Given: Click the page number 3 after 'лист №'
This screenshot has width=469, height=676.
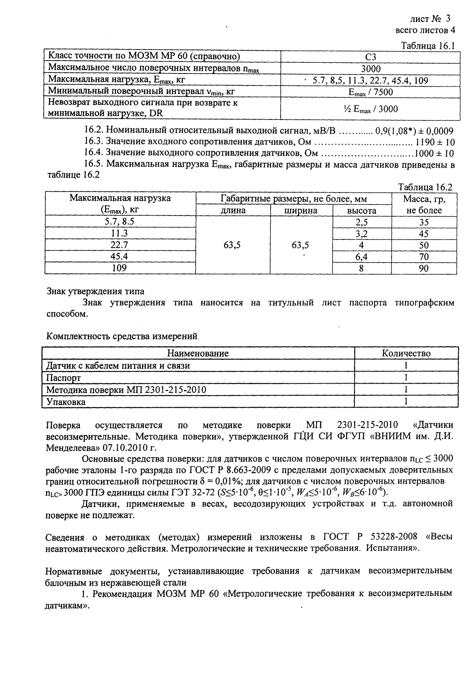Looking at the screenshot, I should [448, 18].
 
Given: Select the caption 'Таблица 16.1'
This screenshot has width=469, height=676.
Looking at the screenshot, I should [428, 46].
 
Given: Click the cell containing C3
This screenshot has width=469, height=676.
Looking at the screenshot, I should [370, 57].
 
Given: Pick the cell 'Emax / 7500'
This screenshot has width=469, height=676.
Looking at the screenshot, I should [370, 92].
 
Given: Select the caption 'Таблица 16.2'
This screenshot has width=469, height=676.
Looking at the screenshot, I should [426, 187].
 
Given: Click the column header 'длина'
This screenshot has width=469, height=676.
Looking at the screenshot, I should [233, 211].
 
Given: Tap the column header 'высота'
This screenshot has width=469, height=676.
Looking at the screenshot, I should [362, 211].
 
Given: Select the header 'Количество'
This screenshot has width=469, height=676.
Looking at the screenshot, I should [406, 353].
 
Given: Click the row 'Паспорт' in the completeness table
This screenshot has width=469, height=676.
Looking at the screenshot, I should [64, 378].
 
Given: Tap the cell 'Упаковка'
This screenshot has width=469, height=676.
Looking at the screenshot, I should [66, 402].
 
